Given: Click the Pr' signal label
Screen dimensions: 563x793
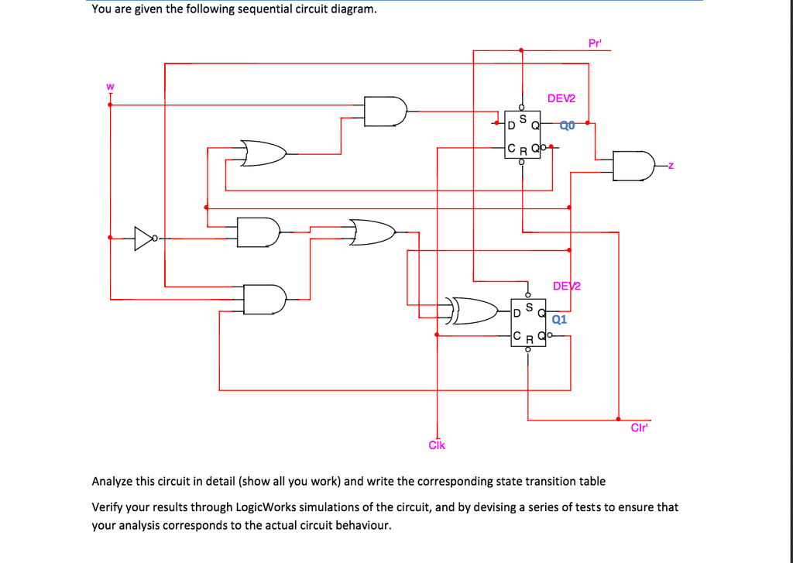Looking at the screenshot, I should tap(594, 43).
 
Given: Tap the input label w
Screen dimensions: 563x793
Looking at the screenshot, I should tap(110, 86).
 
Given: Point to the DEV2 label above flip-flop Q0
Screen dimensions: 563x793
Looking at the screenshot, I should tap(561, 98).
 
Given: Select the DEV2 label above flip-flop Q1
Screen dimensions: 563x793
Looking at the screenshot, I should tap(567, 286).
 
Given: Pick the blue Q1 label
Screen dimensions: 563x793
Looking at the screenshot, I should tap(560, 318).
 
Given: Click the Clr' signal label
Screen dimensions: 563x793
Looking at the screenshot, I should tap(639, 428).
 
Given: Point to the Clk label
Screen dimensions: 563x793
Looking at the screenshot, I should tap(437, 445).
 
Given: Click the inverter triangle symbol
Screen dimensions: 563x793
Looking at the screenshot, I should tap(144, 239).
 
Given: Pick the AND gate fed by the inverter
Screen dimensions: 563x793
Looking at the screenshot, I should tap(258, 232).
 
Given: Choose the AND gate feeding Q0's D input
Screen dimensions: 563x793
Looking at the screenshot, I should tap(386, 112).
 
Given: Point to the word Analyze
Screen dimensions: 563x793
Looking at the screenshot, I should tap(112, 481).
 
